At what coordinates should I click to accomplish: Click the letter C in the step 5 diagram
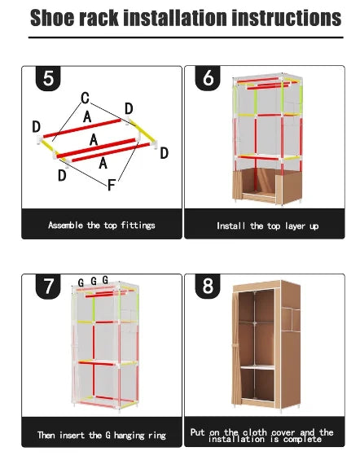click(x=84, y=98)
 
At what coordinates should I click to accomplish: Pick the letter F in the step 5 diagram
click(x=112, y=185)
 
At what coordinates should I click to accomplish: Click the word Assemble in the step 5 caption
click(x=65, y=225)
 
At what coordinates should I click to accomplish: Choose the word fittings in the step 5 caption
click(x=136, y=225)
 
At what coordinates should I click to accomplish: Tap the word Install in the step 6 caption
click(x=231, y=226)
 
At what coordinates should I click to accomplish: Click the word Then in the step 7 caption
click(x=46, y=435)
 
